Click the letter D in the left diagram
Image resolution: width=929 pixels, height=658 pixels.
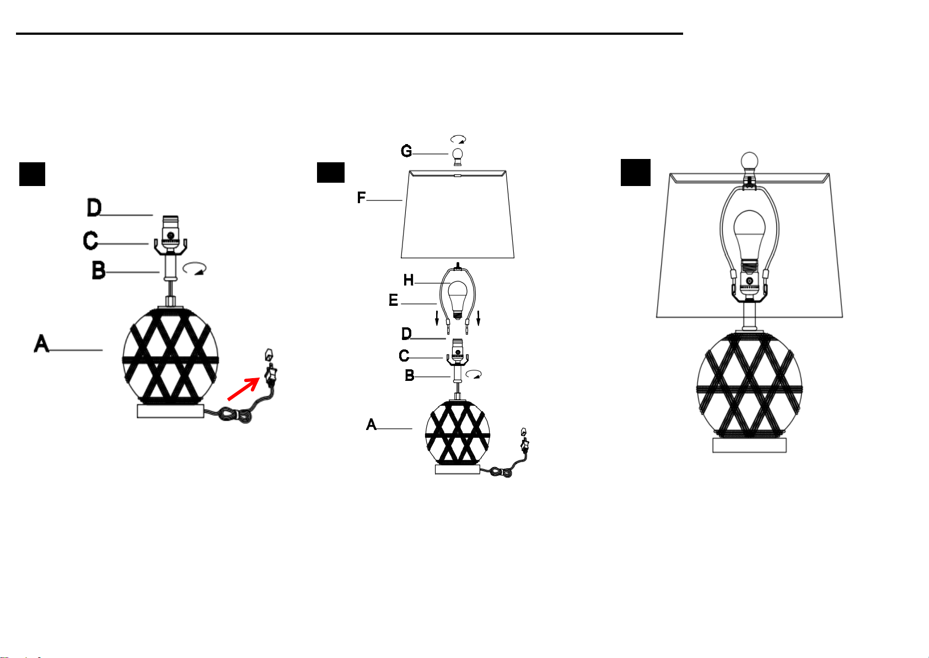pyautogui.click(x=94, y=208)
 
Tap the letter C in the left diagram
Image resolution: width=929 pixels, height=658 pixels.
pyautogui.click(x=90, y=241)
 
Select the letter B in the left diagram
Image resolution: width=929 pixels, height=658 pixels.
pyautogui.click(x=98, y=270)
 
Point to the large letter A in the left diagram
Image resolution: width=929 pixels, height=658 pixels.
pyautogui.click(x=41, y=344)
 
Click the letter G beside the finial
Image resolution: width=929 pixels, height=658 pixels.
pyautogui.click(x=406, y=151)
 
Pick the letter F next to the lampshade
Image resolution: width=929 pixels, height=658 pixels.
pyautogui.click(x=361, y=198)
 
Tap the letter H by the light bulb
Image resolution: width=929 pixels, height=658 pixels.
pyautogui.click(x=409, y=280)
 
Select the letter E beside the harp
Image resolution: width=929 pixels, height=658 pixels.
pyautogui.click(x=393, y=300)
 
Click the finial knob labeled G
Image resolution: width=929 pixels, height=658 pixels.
pyautogui.click(x=458, y=157)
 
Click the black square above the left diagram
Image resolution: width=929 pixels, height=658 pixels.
pyautogui.click(x=33, y=174)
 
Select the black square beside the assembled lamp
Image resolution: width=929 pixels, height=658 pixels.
pyautogui.click(x=635, y=172)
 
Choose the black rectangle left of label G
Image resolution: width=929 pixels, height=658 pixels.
pyautogui.click(x=331, y=172)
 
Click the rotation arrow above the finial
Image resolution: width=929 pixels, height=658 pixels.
pyautogui.click(x=458, y=140)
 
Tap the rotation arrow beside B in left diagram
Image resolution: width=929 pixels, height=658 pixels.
pyautogui.click(x=195, y=268)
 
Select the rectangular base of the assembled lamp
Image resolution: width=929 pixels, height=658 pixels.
pyautogui.click(x=749, y=445)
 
